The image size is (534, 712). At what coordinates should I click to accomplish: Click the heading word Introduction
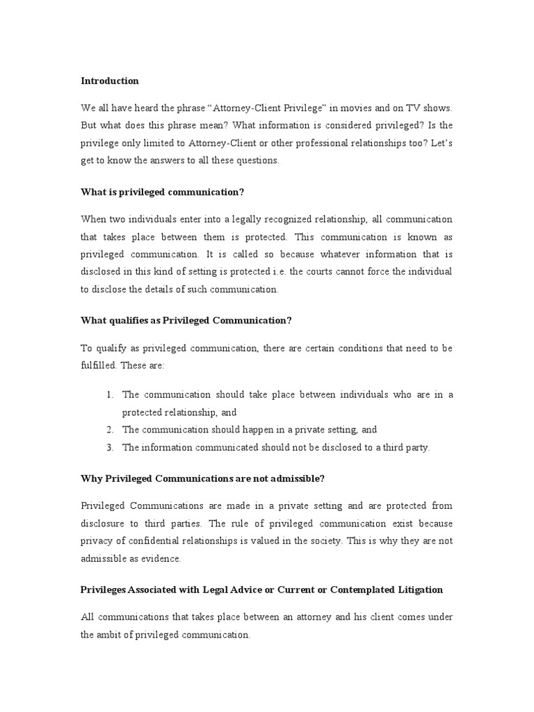click(x=110, y=81)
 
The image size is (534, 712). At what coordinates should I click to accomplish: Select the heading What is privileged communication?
click(x=163, y=192)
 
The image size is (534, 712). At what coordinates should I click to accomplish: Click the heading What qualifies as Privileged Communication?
click(x=186, y=320)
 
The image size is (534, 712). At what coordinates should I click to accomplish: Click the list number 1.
click(x=110, y=395)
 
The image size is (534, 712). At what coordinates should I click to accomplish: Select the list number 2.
click(x=110, y=430)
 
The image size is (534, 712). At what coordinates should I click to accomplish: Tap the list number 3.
click(x=110, y=447)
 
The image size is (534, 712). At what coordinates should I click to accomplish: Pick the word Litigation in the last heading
click(x=416, y=590)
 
